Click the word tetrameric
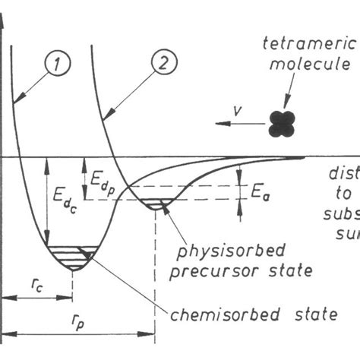(317, 44)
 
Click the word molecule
(319, 62)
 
